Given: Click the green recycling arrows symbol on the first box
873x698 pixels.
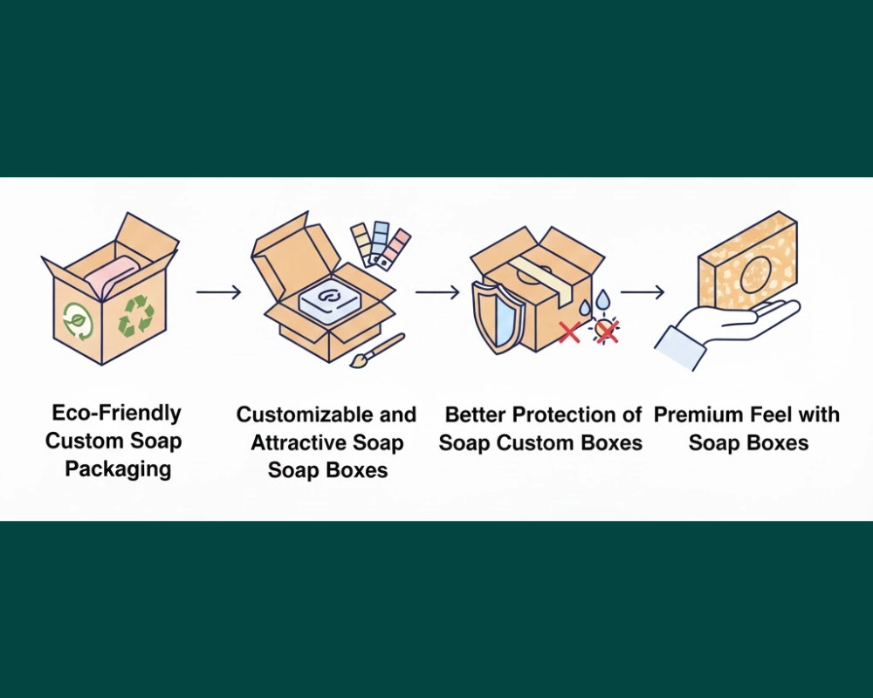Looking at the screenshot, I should pos(137,315).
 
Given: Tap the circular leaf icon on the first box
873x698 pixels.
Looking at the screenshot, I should pos(76,320).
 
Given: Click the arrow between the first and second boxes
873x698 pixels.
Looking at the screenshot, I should pos(218,292).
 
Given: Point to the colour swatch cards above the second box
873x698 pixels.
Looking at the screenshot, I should pos(379,243).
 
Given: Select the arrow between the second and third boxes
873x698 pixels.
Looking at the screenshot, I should pos(437,292).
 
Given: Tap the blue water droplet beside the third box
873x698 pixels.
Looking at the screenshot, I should pos(584,306).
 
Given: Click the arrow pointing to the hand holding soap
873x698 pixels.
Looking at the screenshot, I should pos(643,292).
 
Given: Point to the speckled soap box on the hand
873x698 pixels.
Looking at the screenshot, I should pos(747,262).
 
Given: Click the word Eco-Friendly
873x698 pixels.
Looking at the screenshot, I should pos(116,413).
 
